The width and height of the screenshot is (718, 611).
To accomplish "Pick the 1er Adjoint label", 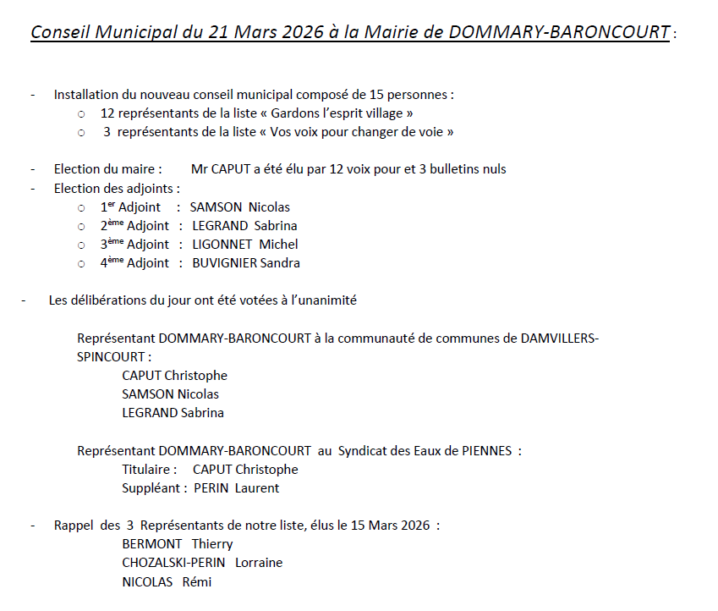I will pos(130,207).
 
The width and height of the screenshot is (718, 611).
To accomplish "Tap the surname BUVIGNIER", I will pos(224,263).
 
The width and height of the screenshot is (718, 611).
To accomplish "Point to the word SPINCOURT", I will pos(110,357).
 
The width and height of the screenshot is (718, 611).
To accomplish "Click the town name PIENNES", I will pos(485,451).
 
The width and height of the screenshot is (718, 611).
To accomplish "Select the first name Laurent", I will pos(257,488).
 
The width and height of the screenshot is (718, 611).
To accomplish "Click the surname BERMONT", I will pos(152,544).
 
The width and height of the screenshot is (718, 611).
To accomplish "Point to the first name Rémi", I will pos(197,582).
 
